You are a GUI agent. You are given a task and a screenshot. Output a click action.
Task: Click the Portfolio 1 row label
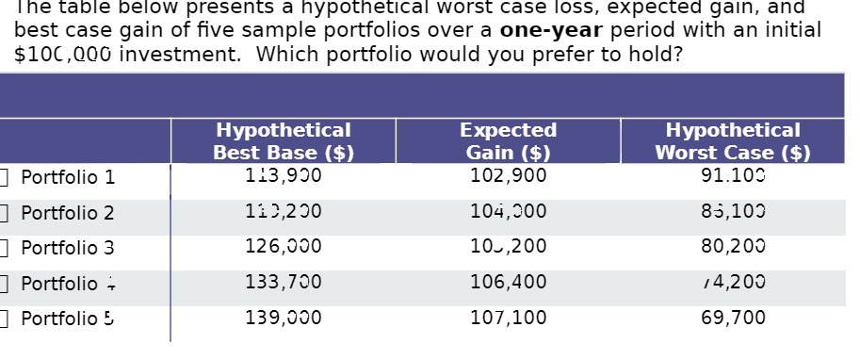click(68, 177)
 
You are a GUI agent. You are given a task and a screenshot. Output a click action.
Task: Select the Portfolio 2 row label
click(68, 213)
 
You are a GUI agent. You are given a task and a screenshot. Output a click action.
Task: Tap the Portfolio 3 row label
click(68, 248)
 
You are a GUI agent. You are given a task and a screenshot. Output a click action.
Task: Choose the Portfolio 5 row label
click(68, 319)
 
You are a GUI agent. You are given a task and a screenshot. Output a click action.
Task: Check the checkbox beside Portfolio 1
click(5, 176)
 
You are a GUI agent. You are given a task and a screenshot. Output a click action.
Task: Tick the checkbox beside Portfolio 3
click(5, 248)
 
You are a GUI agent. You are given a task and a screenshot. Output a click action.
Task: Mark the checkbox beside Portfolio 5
click(5, 319)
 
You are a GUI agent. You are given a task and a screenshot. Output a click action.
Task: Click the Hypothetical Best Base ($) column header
click(284, 141)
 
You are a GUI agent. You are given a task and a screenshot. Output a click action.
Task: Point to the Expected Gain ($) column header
click(509, 141)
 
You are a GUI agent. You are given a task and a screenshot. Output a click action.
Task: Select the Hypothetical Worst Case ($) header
click(733, 141)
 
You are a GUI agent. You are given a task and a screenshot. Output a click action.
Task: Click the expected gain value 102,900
click(509, 175)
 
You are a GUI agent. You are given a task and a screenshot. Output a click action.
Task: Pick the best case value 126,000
click(284, 247)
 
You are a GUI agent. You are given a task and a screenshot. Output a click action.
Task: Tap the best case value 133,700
click(284, 282)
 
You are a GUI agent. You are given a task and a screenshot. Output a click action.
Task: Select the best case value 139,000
click(284, 318)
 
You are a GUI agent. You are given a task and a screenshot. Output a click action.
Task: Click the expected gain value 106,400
click(509, 282)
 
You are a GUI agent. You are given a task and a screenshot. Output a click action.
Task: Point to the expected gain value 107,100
click(509, 318)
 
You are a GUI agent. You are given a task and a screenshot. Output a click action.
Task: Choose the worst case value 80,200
click(734, 247)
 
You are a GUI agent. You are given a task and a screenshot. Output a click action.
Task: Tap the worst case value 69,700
click(734, 318)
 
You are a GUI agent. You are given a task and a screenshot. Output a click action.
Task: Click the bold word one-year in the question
click(551, 29)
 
